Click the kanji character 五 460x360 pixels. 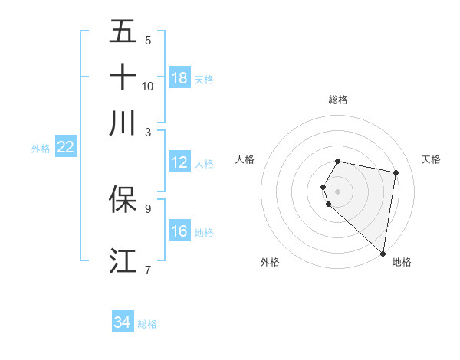point(123,31)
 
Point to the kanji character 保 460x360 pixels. point(123,198)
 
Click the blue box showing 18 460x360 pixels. point(179,77)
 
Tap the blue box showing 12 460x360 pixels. point(179,162)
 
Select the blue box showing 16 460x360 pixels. point(179,231)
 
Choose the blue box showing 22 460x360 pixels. point(66,147)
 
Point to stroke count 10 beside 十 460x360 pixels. point(148,87)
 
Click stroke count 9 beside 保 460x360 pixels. point(148,208)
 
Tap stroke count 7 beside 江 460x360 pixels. point(148,270)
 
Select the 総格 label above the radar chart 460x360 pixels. point(338,100)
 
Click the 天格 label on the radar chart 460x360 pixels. point(431,159)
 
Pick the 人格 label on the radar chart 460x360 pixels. point(245,159)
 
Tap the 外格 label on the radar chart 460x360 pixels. point(270,262)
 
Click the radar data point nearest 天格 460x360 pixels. point(396,173)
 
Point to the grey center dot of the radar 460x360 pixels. point(338,191)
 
